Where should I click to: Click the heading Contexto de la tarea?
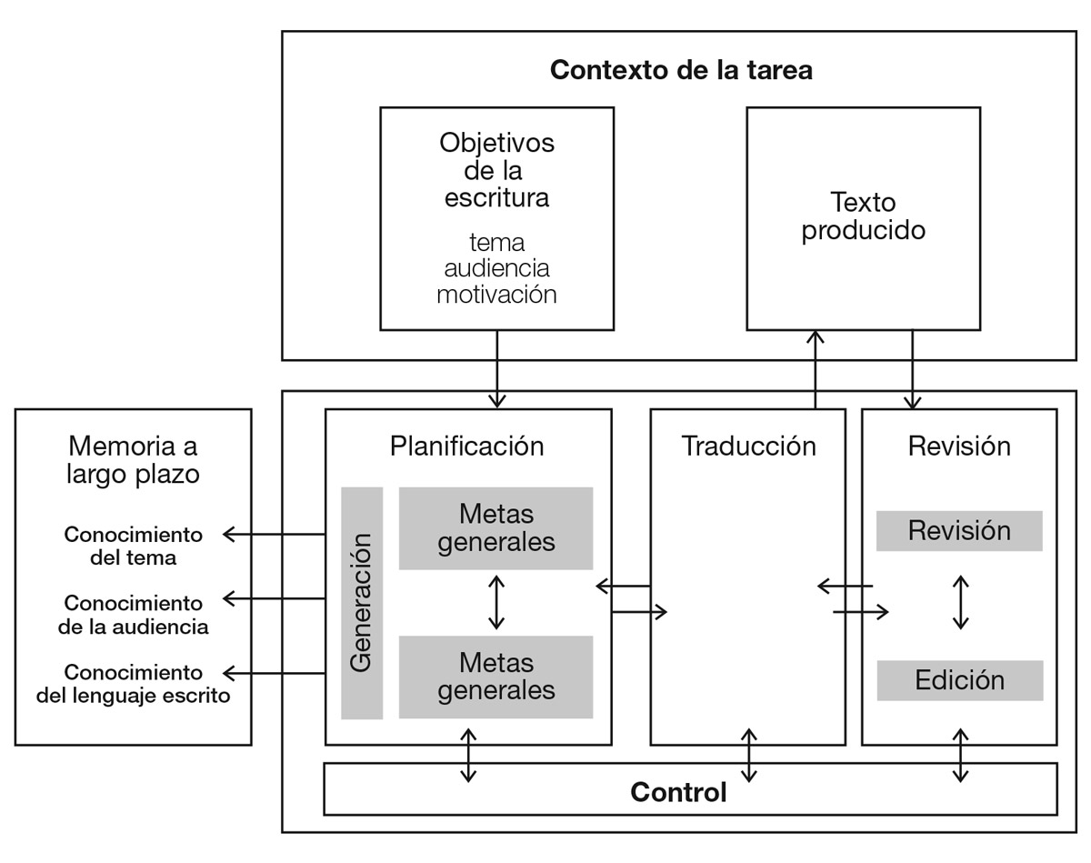pyautogui.click(x=680, y=70)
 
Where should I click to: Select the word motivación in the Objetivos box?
pyautogui.click(x=496, y=294)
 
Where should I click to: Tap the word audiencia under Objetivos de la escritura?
pyautogui.click(x=496, y=268)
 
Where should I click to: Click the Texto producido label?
pyautogui.click(x=863, y=216)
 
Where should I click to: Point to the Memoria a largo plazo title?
pyautogui.click(x=133, y=460)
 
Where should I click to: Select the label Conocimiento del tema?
pyautogui.click(x=133, y=546)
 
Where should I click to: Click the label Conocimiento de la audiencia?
pyautogui.click(x=133, y=615)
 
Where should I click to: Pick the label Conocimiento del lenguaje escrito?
pyautogui.click(x=133, y=684)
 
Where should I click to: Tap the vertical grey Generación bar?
pyautogui.click(x=362, y=603)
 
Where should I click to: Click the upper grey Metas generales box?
pyautogui.click(x=495, y=528)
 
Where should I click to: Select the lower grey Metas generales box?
pyautogui.click(x=495, y=677)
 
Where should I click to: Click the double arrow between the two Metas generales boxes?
pyautogui.click(x=495, y=602)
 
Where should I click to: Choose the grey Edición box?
pyautogui.click(x=959, y=680)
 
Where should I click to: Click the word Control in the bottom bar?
pyautogui.click(x=678, y=792)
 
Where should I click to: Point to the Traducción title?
pyautogui.click(x=748, y=447)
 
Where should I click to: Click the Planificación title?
pyautogui.click(x=467, y=447)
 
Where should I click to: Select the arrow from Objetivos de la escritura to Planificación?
pyautogui.click(x=496, y=369)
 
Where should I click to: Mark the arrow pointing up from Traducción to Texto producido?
pyautogui.click(x=815, y=369)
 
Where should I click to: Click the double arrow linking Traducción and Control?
pyautogui.click(x=748, y=755)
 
